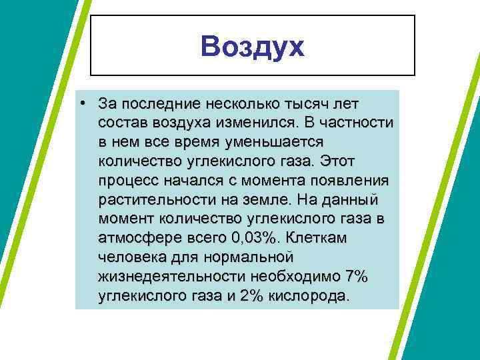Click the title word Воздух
pos(252,47)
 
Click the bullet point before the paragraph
pos(81,105)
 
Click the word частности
pos(357,123)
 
